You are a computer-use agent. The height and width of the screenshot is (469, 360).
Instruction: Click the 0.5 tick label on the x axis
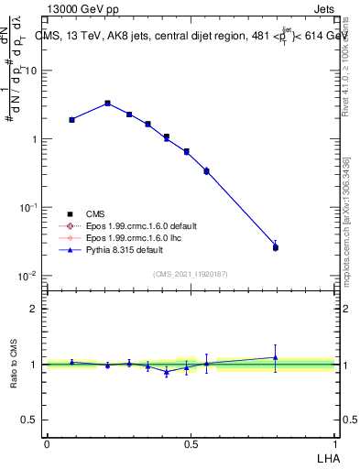click(x=191, y=442)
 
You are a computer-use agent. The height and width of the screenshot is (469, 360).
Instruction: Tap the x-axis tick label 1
click(x=335, y=442)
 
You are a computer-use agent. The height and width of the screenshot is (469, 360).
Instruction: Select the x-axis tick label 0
click(x=47, y=442)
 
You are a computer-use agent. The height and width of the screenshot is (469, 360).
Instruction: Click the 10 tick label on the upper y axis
click(x=33, y=71)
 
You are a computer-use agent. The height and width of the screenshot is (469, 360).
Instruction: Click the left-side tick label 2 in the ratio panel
click(x=35, y=309)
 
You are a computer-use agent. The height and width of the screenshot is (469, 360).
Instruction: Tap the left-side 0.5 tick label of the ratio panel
click(x=30, y=420)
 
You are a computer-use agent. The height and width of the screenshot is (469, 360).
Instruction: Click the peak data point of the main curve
click(x=108, y=104)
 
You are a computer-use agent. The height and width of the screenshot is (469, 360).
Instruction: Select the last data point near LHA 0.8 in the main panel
click(x=276, y=246)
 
